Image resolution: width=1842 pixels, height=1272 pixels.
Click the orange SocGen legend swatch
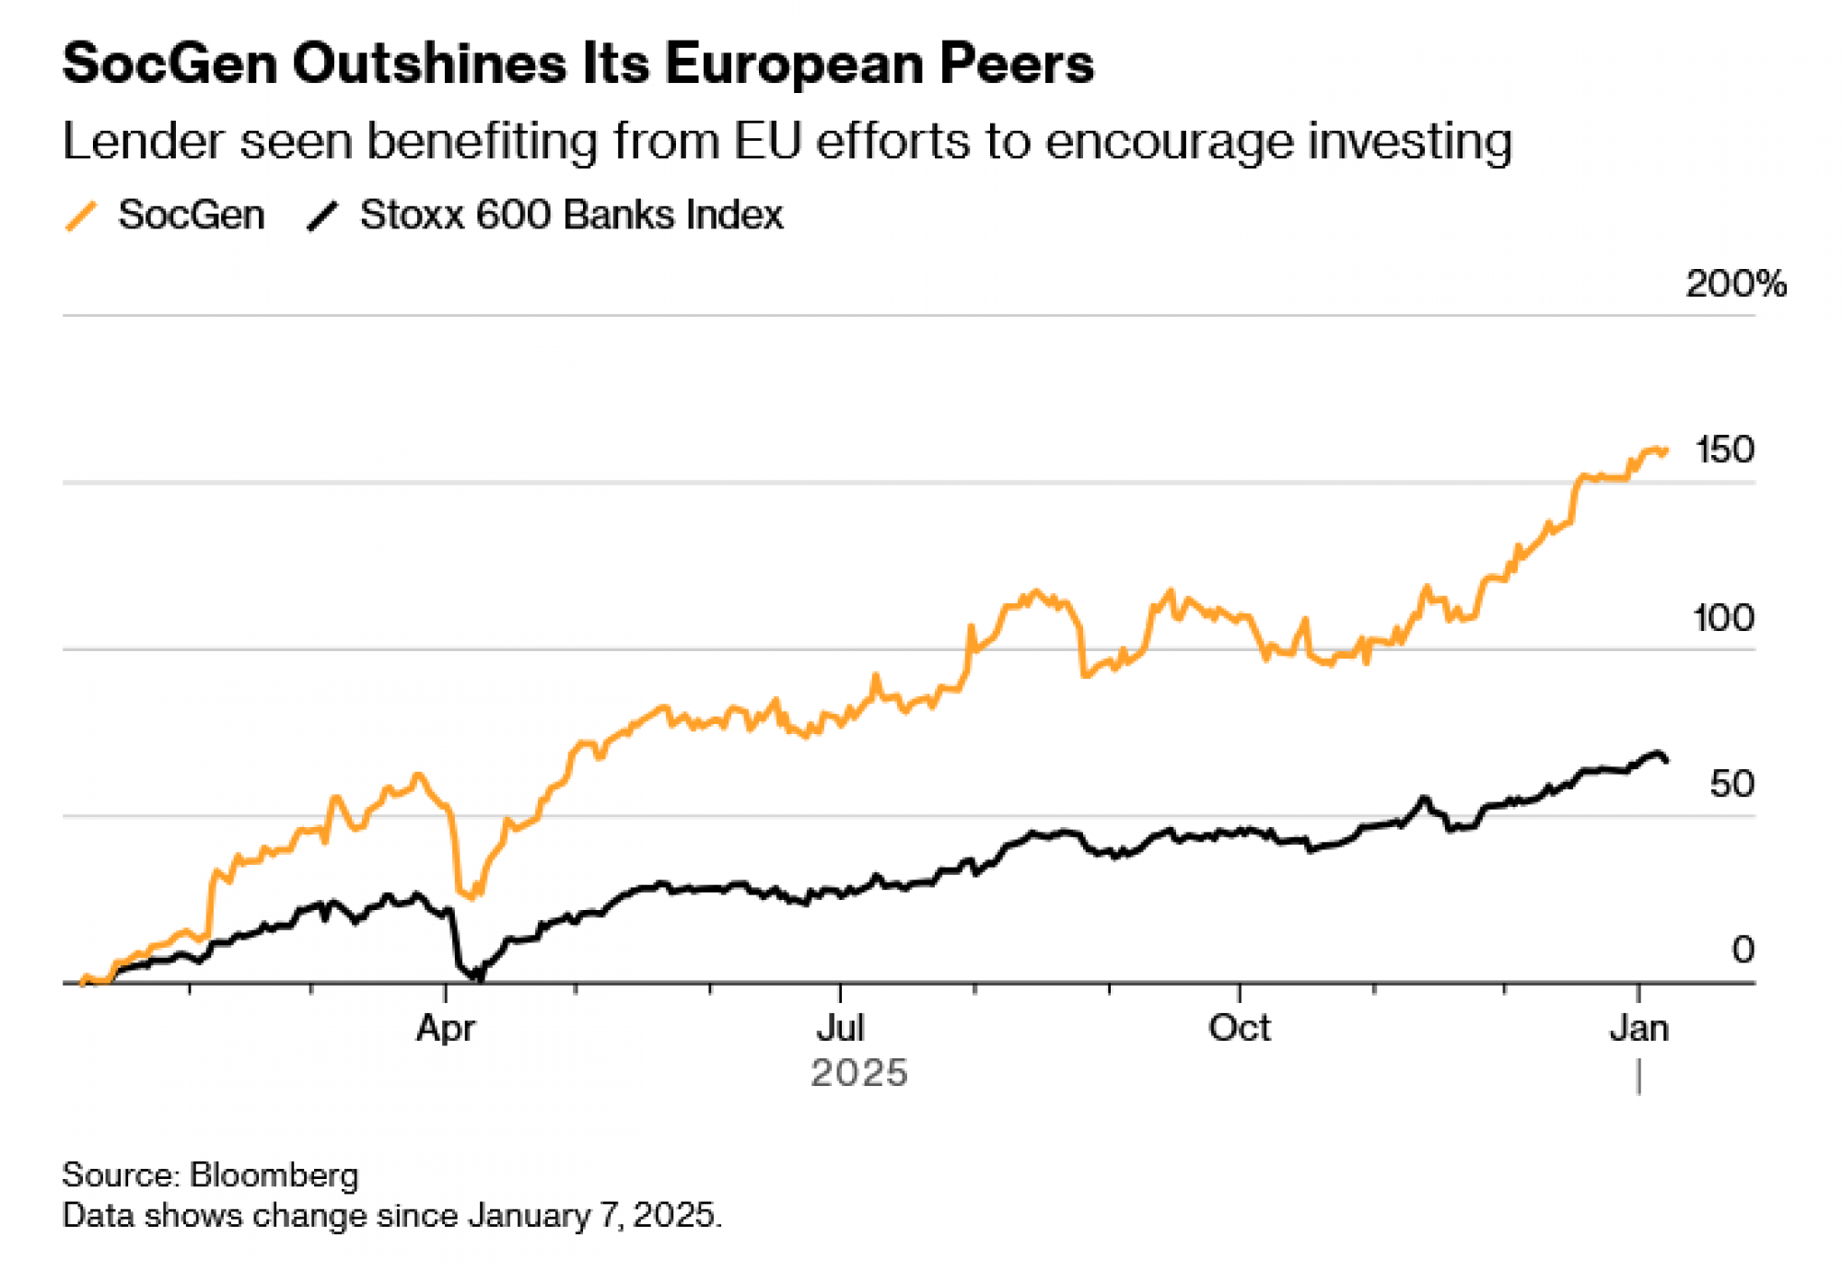[81, 216]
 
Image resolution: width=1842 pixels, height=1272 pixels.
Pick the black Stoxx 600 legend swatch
[322, 216]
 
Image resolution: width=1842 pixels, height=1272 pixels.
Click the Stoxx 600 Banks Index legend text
[571, 216]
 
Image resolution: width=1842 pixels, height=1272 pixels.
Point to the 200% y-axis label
[1735, 284]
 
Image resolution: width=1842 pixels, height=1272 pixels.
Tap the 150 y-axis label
[1724, 450]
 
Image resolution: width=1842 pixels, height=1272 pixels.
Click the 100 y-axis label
[1723, 618]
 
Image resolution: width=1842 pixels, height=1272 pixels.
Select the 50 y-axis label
[1731, 785]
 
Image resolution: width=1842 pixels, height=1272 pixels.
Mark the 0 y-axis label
[1743, 950]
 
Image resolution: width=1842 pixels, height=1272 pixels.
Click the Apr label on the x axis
[446, 1028]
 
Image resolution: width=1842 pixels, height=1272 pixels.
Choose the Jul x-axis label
[840, 1028]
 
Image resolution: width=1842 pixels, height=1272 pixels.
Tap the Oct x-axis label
[1239, 1028]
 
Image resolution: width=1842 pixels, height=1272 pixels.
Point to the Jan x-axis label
[1638, 1028]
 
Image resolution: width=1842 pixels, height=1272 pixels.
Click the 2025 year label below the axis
[858, 1073]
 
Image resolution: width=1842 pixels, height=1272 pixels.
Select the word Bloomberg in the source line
[274, 1175]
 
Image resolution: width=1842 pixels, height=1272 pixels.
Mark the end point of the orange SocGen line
[1666, 450]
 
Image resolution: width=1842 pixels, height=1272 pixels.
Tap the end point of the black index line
[1665, 761]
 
